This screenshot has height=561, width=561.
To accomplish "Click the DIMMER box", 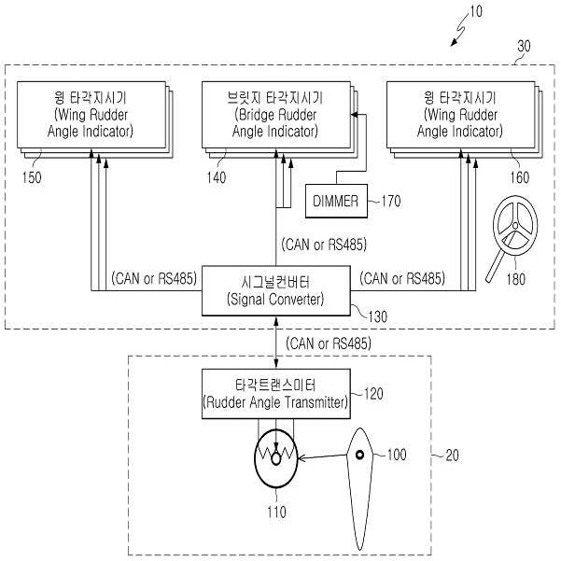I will click(335, 200).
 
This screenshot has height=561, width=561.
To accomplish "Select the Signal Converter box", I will click(274, 290).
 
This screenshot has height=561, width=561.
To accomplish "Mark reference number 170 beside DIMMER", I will click(391, 199).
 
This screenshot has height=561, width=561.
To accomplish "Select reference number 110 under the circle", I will click(276, 512).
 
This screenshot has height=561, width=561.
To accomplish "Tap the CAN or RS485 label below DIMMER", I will click(323, 245).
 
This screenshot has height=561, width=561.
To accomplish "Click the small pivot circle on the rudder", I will click(359, 456).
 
